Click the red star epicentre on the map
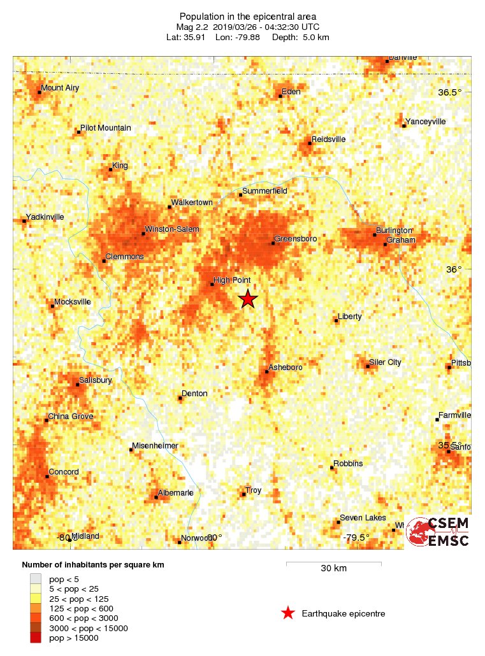(247, 299)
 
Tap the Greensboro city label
(296, 238)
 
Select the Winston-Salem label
(172, 229)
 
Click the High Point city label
(232, 280)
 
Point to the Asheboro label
(285, 367)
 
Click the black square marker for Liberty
(336, 320)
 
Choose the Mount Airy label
(60, 88)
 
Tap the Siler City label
(386, 362)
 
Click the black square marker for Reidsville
(310, 143)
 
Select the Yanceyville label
(426, 121)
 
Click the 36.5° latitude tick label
(450, 93)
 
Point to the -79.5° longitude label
(356, 538)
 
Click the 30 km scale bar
(333, 564)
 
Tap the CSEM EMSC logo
(438, 532)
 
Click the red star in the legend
(288, 613)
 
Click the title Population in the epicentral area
(248, 16)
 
